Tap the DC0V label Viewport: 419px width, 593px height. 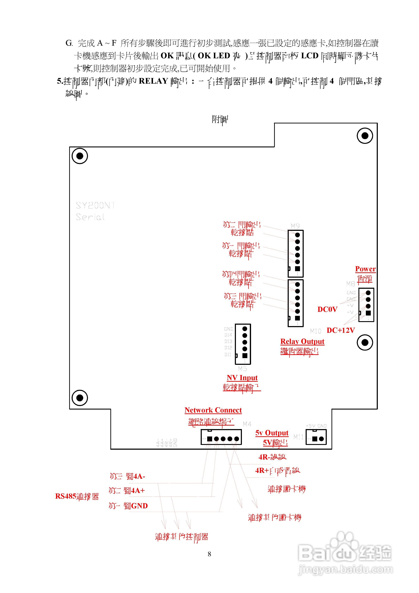pos(327,309)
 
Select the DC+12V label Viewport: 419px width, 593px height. pos(340,330)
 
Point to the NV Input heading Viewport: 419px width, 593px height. pos(242,378)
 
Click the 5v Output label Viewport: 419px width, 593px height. pos(272,433)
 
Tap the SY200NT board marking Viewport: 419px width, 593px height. pos(95,206)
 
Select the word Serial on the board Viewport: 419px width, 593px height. pos(90,217)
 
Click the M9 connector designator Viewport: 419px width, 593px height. pos(295,226)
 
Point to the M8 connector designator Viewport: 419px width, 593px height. pos(350,284)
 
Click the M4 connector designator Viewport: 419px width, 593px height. pos(247,424)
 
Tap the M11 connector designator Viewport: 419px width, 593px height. pos(298,437)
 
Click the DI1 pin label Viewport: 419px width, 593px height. pos(228,355)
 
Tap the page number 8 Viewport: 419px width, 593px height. pos(209,554)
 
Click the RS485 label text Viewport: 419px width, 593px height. pos(66,496)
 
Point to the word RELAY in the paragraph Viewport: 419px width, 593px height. pos(154,81)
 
